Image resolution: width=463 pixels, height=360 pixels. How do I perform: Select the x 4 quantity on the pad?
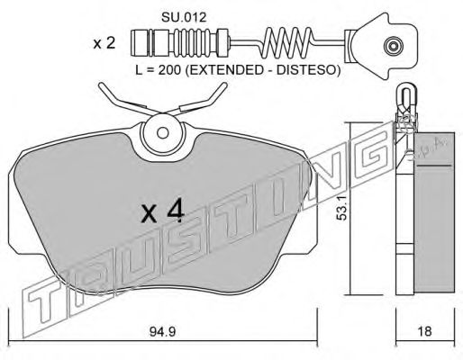point(163,213)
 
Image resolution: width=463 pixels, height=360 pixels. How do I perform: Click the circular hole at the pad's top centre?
point(162,132)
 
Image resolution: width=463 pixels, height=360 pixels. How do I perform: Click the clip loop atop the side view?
point(406,94)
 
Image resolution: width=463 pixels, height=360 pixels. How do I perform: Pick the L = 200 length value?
point(158,70)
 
